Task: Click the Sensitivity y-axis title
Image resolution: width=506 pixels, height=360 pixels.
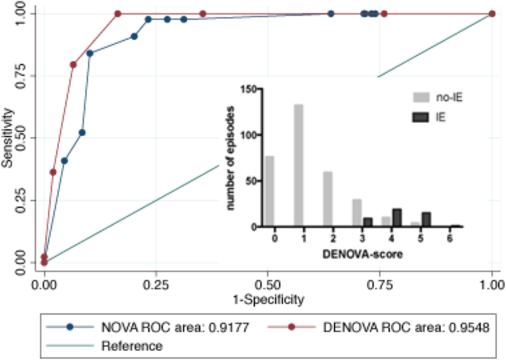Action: [8, 137]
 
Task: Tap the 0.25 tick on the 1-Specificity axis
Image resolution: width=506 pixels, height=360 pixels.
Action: [156, 284]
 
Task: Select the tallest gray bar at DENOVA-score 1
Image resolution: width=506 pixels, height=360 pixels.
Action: [298, 166]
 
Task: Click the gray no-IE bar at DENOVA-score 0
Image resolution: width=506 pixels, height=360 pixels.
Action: [269, 191]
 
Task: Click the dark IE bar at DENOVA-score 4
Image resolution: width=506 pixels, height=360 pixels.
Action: [397, 218]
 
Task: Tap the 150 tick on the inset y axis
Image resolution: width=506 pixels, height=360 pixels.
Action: [248, 89]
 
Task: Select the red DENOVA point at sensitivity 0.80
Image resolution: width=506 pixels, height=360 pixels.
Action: [73, 64]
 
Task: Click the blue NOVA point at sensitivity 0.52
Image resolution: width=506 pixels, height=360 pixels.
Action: [82, 133]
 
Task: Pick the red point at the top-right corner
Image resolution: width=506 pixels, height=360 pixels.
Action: [492, 14]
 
